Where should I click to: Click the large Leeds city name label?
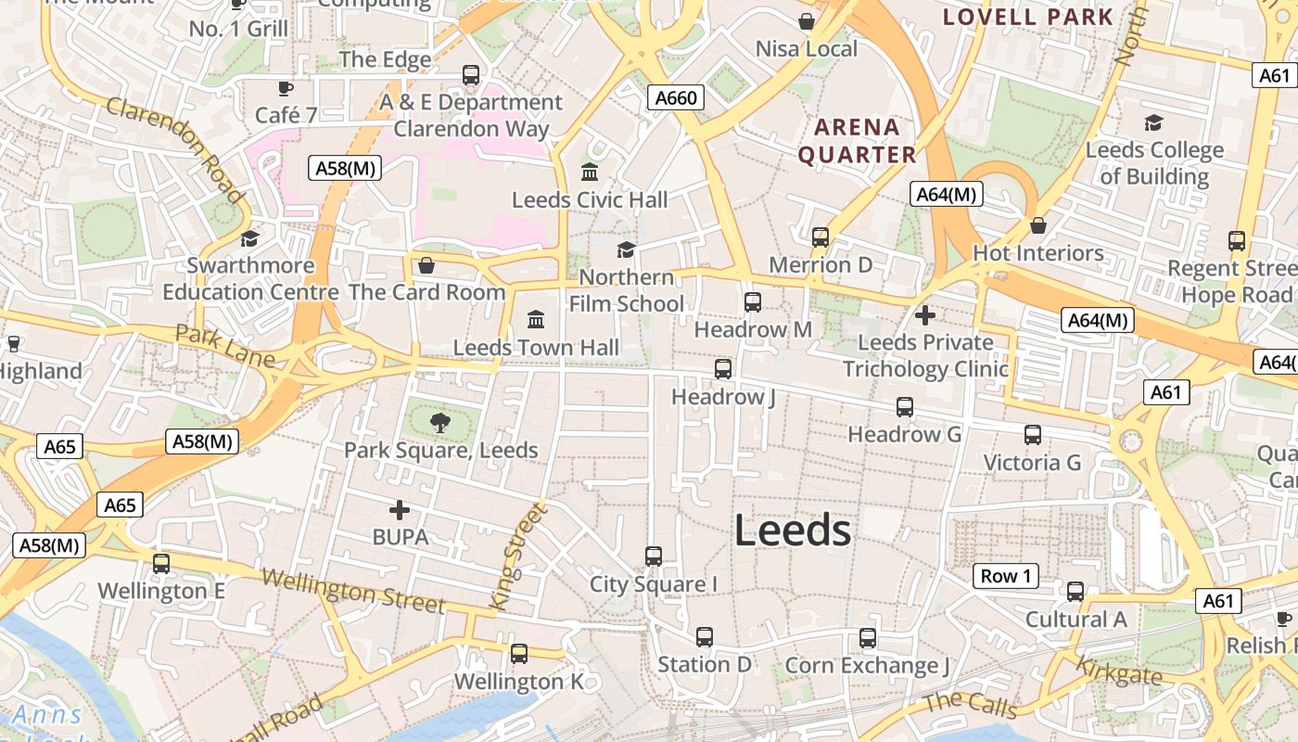coord(793,531)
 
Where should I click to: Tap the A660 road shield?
coord(675,97)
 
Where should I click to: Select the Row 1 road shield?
coord(1006,576)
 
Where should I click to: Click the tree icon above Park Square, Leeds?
coord(440,423)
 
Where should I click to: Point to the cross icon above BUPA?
coord(400,510)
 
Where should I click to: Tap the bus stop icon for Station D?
coord(705,637)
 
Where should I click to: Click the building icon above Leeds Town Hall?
coord(536,320)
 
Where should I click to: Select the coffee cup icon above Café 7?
coord(286,88)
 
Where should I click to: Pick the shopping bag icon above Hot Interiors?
coord(1038,225)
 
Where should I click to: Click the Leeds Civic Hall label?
coord(590,199)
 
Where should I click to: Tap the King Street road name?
coord(517,556)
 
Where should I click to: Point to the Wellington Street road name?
coord(354,591)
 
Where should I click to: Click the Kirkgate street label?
coord(1118,671)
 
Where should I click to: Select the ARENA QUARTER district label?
coord(857,141)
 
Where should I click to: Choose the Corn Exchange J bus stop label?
coord(868,665)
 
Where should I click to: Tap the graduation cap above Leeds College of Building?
coord(1153,122)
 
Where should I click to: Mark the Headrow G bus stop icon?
coord(905,406)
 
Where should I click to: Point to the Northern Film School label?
coord(627,290)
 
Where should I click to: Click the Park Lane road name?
coord(224,345)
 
